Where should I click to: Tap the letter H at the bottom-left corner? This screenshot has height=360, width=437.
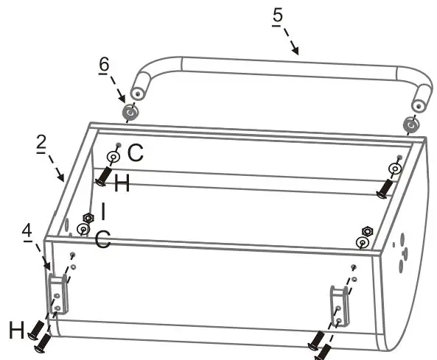pyautogui.click(x=15, y=331)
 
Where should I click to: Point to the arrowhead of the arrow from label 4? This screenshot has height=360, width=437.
pyautogui.click(x=48, y=268)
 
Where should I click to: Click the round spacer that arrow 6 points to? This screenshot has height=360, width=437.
pyautogui.click(x=130, y=113)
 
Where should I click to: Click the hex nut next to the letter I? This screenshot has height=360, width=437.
pyautogui.click(x=88, y=219)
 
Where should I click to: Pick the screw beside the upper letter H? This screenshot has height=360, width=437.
pyautogui.click(x=102, y=177)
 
